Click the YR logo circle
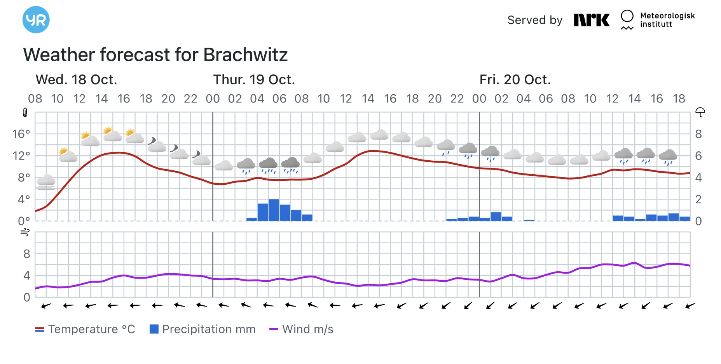(36, 20)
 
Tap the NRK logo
(592, 20)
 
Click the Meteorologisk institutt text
(667, 20)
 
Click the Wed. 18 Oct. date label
(76, 80)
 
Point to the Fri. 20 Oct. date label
(515, 80)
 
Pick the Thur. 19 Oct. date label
(254, 80)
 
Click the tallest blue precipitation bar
(274, 210)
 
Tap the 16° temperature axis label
(21, 134)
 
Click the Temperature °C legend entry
(86, 329)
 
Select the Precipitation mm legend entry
(203, 329)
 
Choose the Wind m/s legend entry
(302, 329)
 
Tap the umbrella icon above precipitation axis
(700, 112)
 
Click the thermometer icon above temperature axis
(25, 113)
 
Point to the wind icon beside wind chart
(25, 232)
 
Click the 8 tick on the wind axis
(26, 254)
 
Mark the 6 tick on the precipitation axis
(698, 156)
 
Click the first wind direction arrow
(46, 306)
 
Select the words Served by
(535, 20)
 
